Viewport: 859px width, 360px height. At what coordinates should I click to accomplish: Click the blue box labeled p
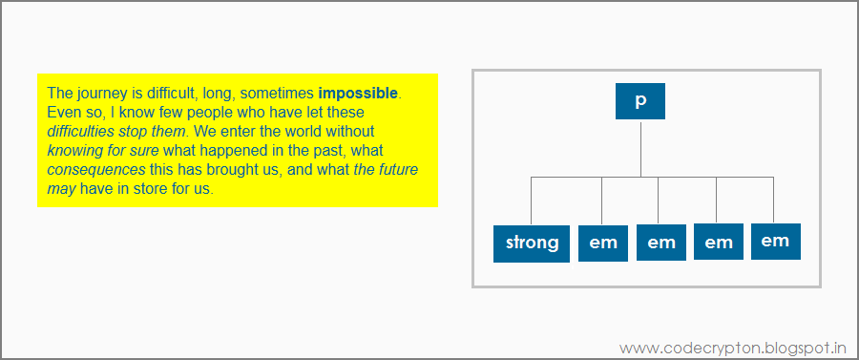639,101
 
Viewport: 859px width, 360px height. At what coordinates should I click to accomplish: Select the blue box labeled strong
532,244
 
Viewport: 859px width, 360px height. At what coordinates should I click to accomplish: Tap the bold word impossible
358,94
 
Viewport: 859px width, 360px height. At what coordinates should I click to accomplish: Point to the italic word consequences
96,170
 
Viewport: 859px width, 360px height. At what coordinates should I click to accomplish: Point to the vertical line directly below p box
640,148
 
